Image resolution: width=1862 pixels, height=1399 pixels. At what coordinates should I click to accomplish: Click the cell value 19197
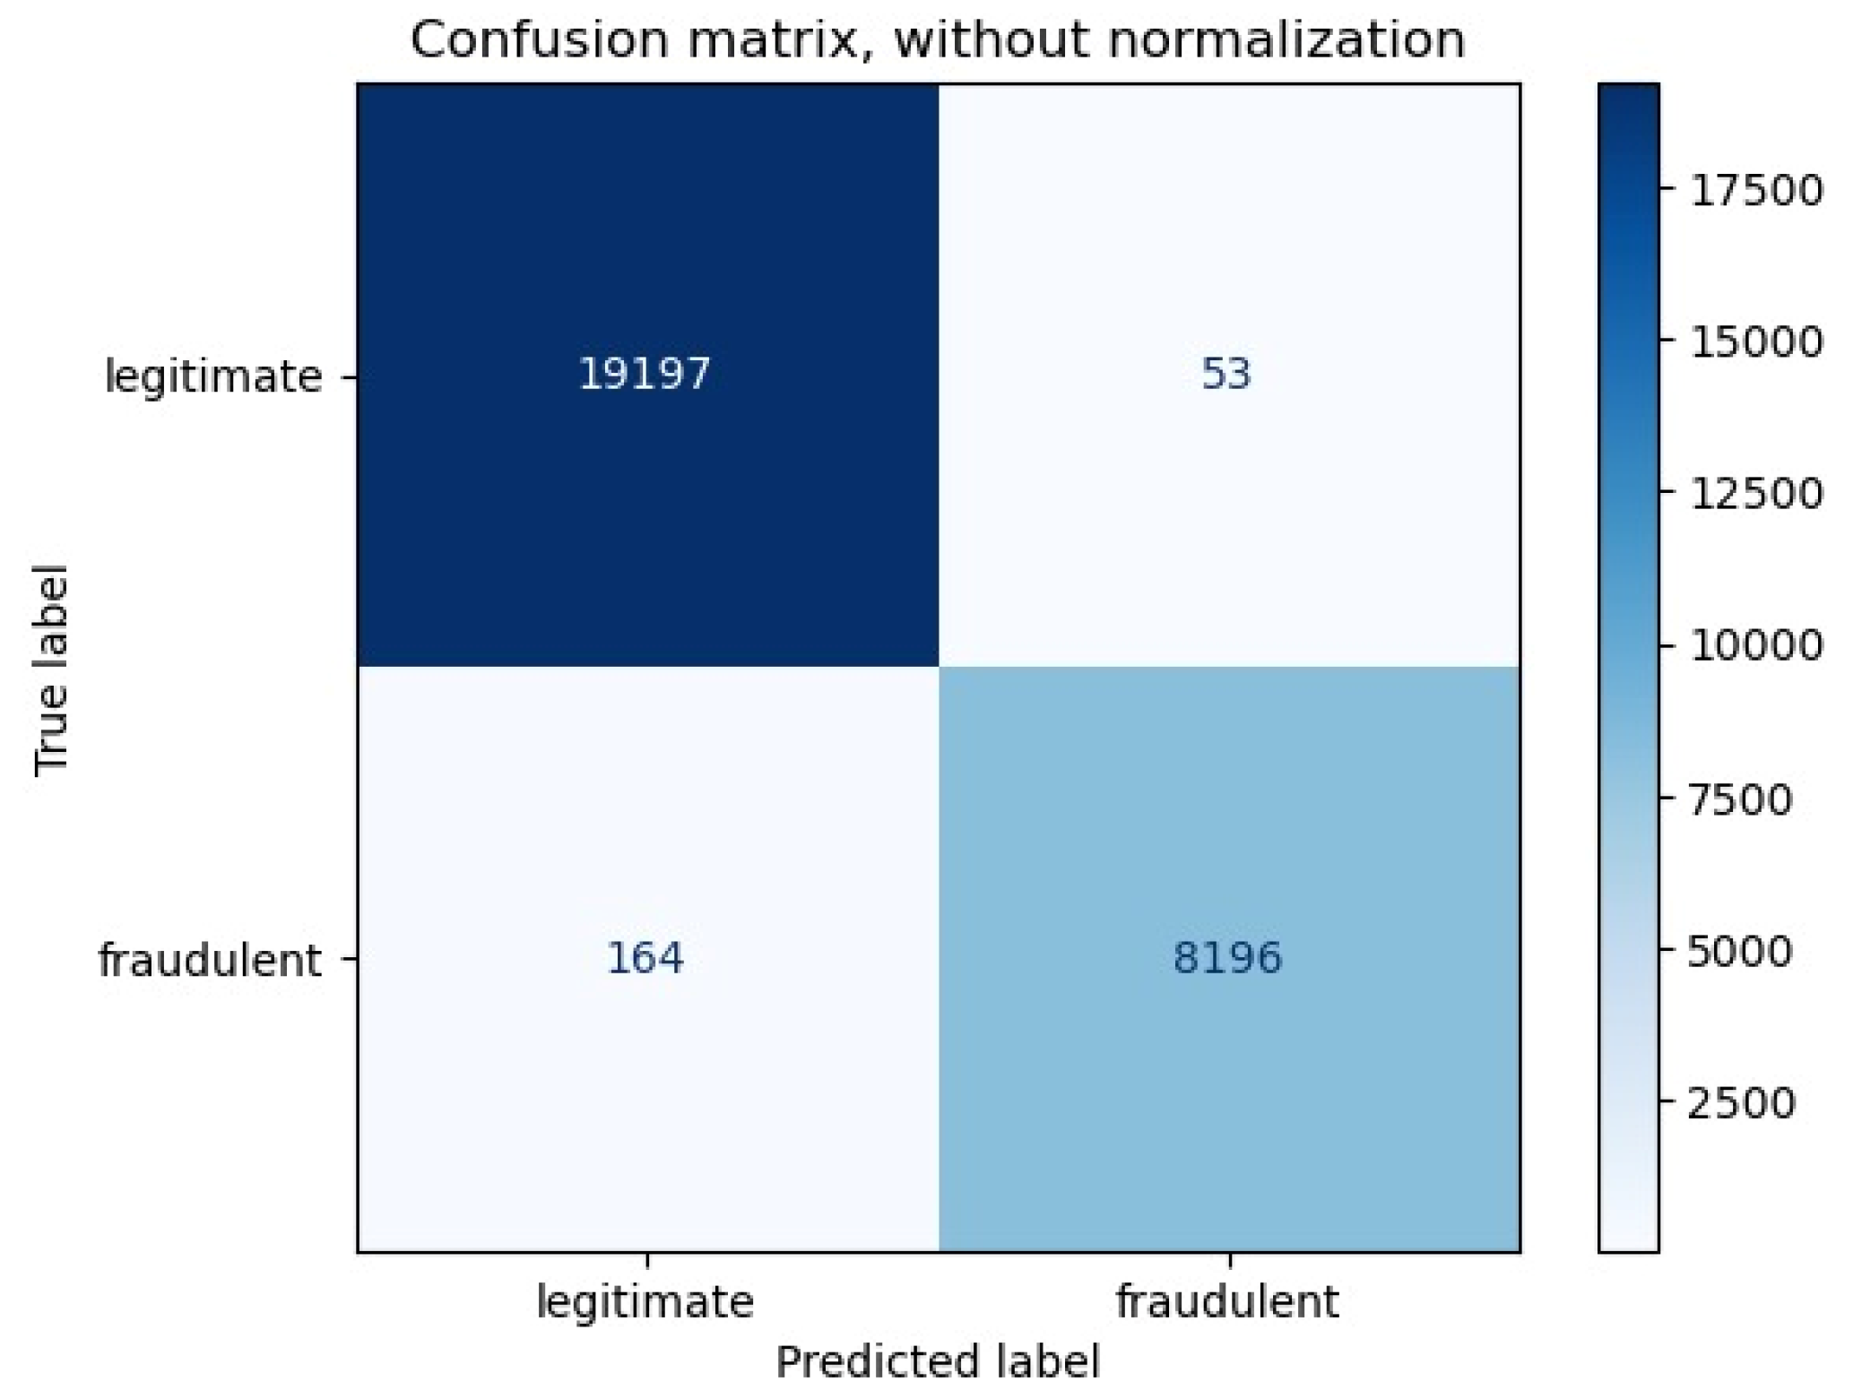[644, 373]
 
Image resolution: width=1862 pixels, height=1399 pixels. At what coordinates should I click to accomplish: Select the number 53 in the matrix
[1225, 373]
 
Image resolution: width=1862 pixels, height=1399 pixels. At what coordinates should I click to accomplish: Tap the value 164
[645, 957]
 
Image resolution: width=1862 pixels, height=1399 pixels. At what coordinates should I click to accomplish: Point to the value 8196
[1227, 957]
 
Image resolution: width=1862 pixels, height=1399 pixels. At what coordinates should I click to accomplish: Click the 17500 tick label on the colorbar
[1755, 190]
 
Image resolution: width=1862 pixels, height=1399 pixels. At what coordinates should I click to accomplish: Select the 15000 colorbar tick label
[1755, 341]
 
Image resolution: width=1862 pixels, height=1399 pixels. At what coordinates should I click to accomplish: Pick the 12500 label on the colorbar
[1755, 494]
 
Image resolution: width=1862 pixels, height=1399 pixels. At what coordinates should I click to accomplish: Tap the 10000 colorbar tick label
[1755, 645]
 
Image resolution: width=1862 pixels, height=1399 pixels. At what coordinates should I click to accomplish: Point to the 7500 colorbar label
[1740, 799]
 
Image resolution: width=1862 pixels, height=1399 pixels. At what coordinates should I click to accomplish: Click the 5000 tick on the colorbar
[1740, 950]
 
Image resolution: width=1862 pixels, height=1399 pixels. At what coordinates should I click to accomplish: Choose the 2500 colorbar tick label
[1740, 1102]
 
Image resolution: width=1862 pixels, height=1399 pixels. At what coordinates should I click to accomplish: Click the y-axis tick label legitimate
[213, 376]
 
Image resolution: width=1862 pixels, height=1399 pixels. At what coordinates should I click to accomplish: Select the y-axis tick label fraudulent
[209, 960]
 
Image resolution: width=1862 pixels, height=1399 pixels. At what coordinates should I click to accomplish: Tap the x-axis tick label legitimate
[645, 1301]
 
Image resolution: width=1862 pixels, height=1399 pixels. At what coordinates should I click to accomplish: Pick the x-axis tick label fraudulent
[1226, 1301]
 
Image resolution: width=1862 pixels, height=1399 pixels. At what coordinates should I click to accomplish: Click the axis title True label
[50, 669]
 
